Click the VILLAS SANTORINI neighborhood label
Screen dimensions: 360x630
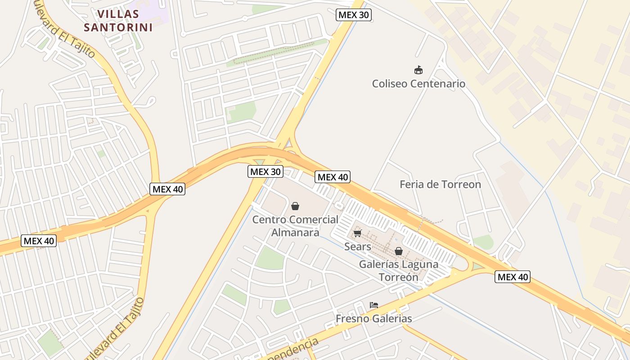point(118,21)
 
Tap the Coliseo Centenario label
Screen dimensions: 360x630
point(418,84)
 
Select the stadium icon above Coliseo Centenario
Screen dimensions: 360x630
point(418,70)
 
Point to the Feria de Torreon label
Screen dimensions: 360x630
point(440,184)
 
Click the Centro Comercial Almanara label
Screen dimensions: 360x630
point(295,226)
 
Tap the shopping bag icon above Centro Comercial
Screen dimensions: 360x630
point(295,206)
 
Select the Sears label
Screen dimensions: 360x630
point(358,247)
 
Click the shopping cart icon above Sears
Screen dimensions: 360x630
point(357,233)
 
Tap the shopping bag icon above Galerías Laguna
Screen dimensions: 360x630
point(399,251)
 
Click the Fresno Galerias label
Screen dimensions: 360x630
point(373,319)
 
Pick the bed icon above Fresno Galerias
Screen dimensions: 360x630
point(373,305)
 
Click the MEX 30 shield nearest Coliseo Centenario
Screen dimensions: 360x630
point(354,15)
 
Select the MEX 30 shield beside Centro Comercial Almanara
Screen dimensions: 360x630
point(265,171)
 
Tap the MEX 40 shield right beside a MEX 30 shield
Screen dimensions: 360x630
point(333,177)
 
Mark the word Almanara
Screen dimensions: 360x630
point(295,233)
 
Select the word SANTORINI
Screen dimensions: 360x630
point(118,27)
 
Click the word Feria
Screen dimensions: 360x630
point(412,184)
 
